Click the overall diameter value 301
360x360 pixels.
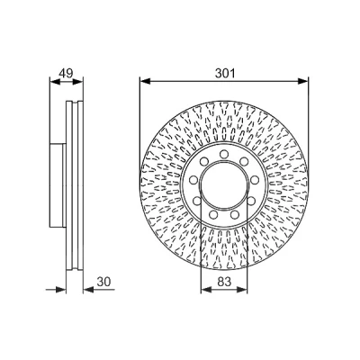point(224,73)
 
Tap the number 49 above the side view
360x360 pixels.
point(66,73)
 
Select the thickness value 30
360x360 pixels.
point(103,282)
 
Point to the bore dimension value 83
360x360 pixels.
point(224,282)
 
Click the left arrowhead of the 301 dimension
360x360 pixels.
point(145,81)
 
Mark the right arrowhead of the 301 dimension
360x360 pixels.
point(303,81)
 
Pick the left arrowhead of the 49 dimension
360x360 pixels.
point(55,81)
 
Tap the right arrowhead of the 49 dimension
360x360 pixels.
point(77,81)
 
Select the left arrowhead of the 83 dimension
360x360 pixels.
point(206,290)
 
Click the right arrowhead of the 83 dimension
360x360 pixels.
point(242,290)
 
